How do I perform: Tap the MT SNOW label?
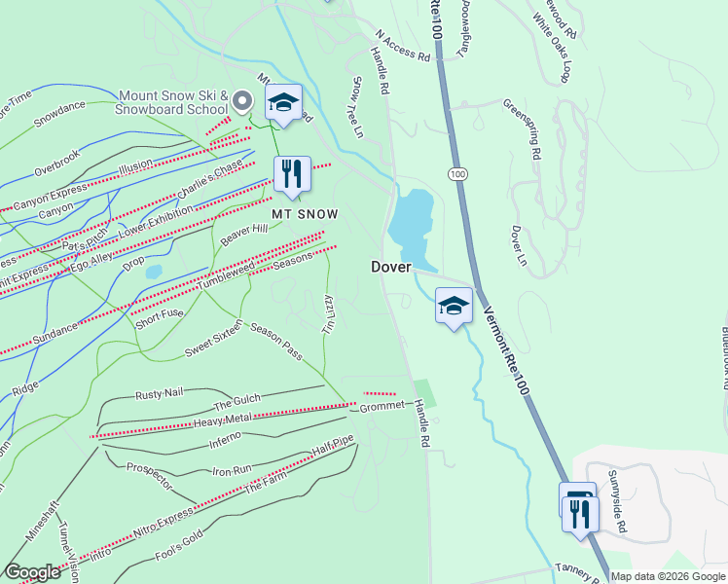point(305,213)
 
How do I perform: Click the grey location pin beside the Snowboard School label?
point(243,100)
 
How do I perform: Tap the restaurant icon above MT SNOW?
point(292,174)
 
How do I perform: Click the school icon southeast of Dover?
point(453,307)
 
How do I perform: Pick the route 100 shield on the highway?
point(455,173)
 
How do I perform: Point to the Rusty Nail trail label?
point(159,393)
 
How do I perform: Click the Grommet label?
point(381,405)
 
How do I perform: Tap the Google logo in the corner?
point(32,572)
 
